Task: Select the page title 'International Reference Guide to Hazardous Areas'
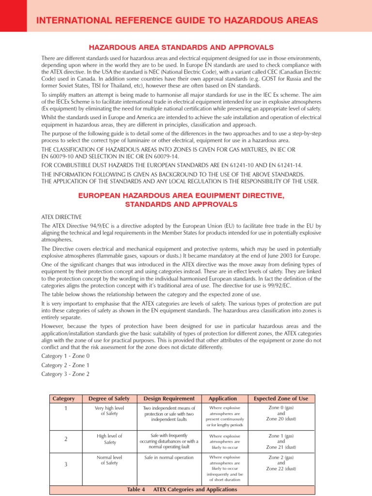(177, 20)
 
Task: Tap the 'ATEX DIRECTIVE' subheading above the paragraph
(62, 217)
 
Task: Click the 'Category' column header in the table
(63, 399)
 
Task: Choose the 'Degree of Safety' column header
(109, 399)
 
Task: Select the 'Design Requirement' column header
(169, 399)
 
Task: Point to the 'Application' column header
(223, 399)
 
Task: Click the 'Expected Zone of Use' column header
(281, 399)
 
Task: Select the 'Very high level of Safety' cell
(109, 411)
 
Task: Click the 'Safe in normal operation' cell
(169, 457)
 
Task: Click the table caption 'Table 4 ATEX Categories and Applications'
(182, 490)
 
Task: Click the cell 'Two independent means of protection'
(169, 414)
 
